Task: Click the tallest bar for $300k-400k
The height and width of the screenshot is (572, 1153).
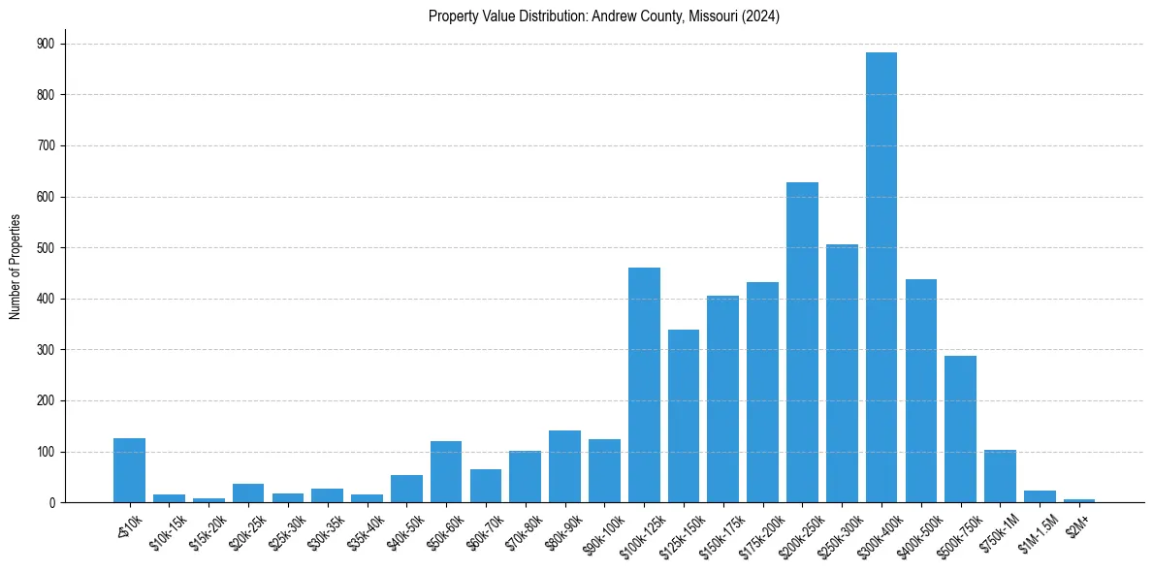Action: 881,277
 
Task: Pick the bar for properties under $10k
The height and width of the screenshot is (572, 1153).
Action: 129,470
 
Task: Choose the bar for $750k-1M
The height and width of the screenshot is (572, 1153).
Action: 1000,476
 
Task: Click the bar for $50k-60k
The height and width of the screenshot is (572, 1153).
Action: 446,472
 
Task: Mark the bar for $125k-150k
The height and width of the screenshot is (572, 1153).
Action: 684,416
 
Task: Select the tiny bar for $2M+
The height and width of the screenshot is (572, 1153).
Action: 1079,500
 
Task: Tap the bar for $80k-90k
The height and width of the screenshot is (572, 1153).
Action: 564,466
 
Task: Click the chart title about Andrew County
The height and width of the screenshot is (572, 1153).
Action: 604,16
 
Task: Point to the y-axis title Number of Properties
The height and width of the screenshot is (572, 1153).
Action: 15,267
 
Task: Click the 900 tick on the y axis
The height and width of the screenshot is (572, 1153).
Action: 47,44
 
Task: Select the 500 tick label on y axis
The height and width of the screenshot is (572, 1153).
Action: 47,247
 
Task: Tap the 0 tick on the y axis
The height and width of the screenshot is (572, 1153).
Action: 51,502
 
